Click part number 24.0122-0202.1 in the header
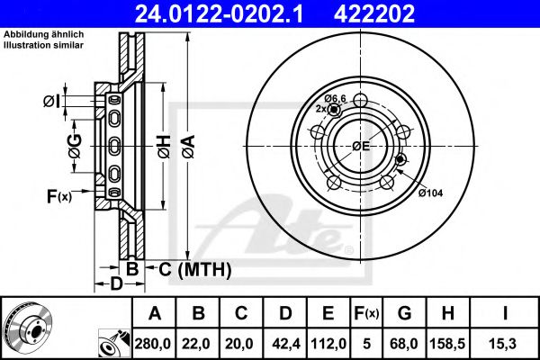tap(219, 13)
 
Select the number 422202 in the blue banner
tap(374, 13)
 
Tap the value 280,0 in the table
tap(153, 344)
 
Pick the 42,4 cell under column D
tap(284, 344)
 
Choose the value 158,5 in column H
tap(447, 344)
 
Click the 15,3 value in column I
tap(504, 344)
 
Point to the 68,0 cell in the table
tap(404, 344)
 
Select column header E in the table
tap(328, 313)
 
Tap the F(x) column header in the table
tap(366, 313)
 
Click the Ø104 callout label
tap(430, 193)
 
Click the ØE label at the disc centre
tap(361, 147)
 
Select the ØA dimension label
tap(189, 147)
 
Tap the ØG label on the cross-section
tap(75, 146)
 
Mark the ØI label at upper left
tap(51, 102)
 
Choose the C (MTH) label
tap(195, 269)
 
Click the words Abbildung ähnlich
tap(44, 34)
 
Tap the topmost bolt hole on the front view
tap(360, 100)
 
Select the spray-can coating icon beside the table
tap(115, 344)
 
